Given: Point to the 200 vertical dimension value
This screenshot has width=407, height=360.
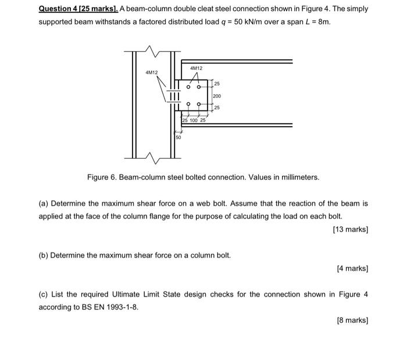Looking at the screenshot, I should [x=217, y=96].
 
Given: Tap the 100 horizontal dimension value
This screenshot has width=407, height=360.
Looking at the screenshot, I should [x=194, y=120].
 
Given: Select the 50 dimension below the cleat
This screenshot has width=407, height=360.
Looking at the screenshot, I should [x=178, y=138].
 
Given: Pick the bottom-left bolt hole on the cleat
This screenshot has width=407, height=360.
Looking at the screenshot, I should [x=187, y=105].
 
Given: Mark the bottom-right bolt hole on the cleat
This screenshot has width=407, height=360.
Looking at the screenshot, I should [x=200, y=105].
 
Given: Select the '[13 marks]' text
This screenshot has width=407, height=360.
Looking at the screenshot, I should [x=351, y=229].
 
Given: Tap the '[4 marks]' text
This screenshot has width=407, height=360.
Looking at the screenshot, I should [x=352, y=268].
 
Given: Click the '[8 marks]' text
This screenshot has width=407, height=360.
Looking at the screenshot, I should [x=352, y=320].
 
